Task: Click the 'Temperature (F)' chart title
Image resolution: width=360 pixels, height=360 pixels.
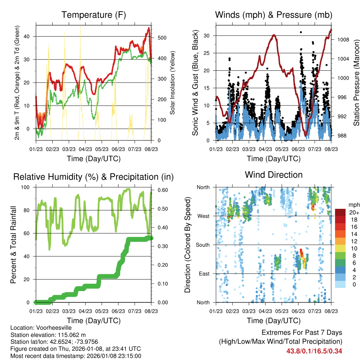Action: (94, 15)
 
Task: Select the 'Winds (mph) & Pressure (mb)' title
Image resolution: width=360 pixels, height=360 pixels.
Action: (274, 15)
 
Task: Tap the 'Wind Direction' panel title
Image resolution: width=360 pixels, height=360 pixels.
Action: (274, 174)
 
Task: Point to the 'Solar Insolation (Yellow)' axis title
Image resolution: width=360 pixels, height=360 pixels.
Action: (173, 83)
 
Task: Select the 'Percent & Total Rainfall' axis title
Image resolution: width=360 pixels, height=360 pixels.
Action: (13, 245)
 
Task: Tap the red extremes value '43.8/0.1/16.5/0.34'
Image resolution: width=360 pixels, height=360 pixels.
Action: (314, 351)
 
